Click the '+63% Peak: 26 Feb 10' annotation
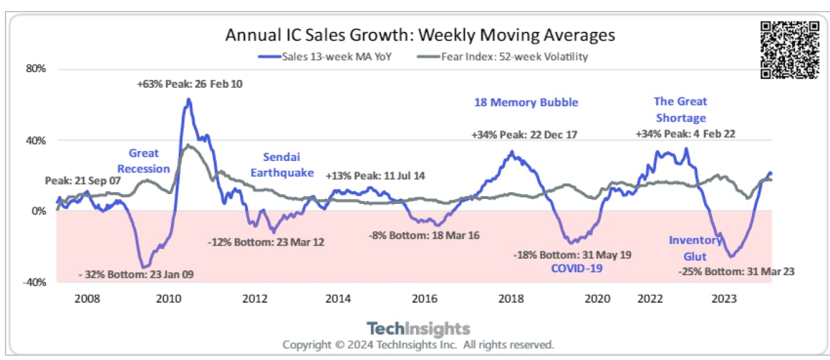(x=189, y=84)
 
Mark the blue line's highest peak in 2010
(x=189, y=100)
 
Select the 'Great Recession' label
(x=143, y=161)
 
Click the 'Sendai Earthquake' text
(x=281, y=165)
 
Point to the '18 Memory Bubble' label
(x=526, y=103)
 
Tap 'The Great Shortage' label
(x=680, y=109)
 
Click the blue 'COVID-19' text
(x=577, y=268)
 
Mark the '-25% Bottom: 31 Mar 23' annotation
(x=737, y=271)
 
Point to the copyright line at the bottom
(x=418, y=344)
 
